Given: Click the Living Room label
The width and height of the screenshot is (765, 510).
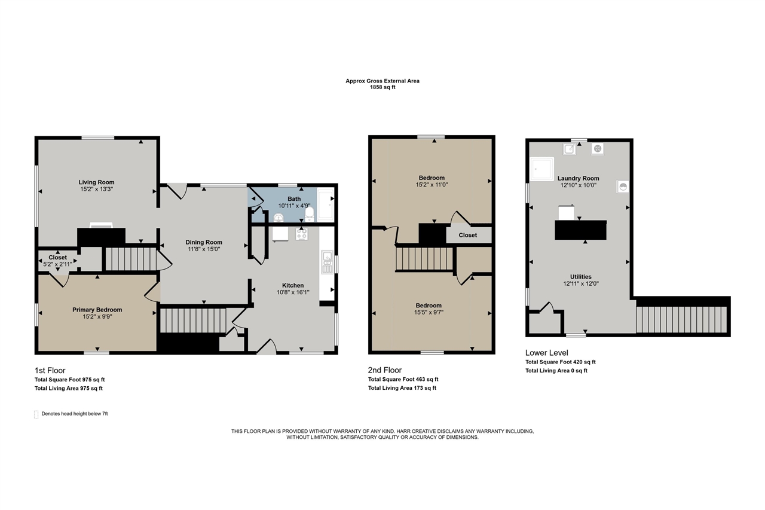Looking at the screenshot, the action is click(96, 182).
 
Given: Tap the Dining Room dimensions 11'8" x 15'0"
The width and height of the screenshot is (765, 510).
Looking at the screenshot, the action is click(204, 249).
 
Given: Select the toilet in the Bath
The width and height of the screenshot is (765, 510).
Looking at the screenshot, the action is click(310, 214).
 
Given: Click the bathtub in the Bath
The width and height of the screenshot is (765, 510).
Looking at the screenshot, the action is click(326, 205).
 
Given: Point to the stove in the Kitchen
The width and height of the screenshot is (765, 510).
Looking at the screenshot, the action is click(302, 234).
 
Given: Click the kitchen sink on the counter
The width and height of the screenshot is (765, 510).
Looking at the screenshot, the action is click(327, 262).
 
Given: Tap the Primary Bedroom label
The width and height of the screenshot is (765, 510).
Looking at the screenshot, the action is click(97, 310).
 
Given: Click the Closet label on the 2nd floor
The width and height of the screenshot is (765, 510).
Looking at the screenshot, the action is click(468, 235).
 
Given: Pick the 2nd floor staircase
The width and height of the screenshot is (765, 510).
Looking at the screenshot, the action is click(424, 259).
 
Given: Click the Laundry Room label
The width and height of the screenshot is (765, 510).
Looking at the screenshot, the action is click(578, 178).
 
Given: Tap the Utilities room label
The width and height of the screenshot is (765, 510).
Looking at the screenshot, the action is click(580, 277).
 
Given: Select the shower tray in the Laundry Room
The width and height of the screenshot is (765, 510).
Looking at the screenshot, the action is click(542, 169).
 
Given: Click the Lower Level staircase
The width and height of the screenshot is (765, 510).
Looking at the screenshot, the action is click(681, 319).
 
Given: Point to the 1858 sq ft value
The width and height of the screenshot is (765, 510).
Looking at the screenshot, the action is click(382, 87).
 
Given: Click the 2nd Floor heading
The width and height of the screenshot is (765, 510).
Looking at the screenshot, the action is click(385, 370).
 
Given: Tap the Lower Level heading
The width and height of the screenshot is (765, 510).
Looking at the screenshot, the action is click(547, 353).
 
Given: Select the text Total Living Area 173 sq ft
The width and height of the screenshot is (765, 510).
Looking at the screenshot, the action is click(402, 388).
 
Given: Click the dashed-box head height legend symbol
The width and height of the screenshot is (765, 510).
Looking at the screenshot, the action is click(36, 414).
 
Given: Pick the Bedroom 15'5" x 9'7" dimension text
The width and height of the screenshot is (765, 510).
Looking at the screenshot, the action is click(429, 312).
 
